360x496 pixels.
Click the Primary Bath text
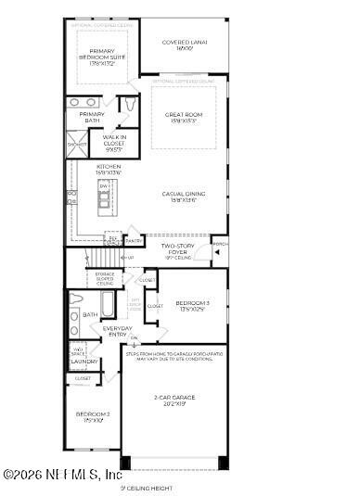coord(91,117)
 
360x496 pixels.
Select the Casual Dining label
coord(183,197)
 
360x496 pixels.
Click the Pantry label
coord(134,241)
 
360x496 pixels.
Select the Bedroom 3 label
coord(192,305)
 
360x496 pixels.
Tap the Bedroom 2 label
coord(93,416)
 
